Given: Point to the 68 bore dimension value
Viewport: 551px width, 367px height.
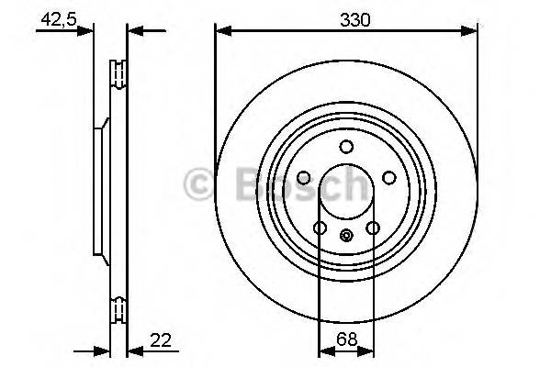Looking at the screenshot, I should pyautogui.click(x=345, y=339).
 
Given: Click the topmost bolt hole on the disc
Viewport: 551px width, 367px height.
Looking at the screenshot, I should pyautogui.click(x=346, y=147).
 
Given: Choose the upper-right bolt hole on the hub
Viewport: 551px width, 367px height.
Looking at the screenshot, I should pyautogui.click(x=389, y=178).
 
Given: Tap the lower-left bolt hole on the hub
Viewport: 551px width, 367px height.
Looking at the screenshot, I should pyautogui.click(x=320, y=228).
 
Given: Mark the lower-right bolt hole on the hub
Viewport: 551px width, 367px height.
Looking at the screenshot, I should pyautogui.click(x=373, y=228).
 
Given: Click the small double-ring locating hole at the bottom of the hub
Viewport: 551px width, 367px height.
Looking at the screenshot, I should pyautogui.click(x=346, y=236).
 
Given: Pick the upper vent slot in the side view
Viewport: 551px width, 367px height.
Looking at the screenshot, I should pyautogui.click(x=118, y=73).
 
